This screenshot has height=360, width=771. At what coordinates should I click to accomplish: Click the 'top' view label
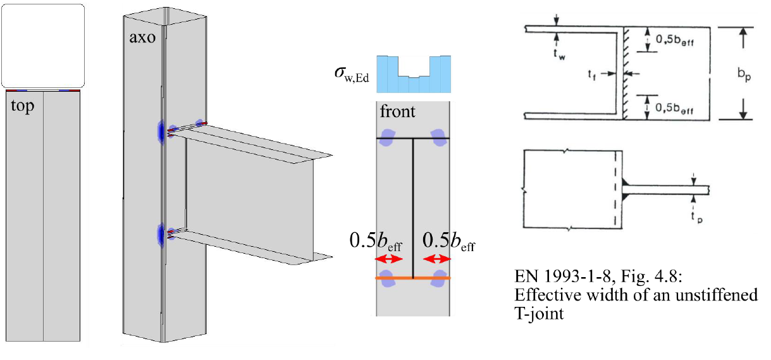[23, 106]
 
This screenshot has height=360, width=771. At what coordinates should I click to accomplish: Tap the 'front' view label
[397, 112]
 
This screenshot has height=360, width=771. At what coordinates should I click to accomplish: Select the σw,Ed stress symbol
[350, 77]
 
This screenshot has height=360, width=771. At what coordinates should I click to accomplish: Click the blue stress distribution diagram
[414, 74]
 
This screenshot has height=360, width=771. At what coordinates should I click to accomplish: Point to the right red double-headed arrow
[438, 259]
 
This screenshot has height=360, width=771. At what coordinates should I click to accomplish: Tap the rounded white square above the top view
[43, 45]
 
